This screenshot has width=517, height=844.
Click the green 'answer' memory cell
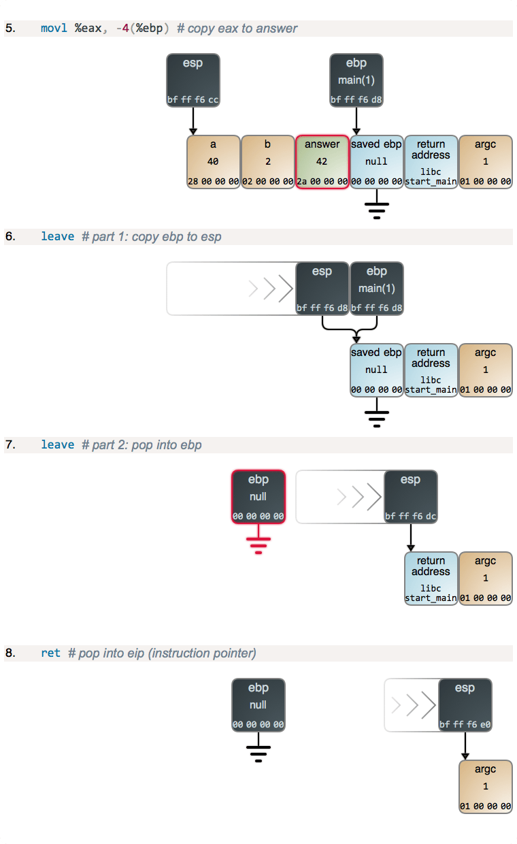[322, 162]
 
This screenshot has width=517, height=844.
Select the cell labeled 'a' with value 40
[214, 162]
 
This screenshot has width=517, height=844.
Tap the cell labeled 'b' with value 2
[268, 162]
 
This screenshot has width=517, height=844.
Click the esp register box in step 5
[193, 80]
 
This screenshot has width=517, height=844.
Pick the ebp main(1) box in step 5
[356, 80]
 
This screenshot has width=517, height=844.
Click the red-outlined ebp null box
[258, 496]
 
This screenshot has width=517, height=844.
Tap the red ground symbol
[258, 544]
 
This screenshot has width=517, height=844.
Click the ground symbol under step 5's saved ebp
[376, 208]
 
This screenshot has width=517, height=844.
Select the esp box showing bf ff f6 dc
[411, 497]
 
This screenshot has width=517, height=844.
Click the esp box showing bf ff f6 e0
[465, 705]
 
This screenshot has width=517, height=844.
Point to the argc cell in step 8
[486, 787]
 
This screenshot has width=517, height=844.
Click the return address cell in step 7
[431, 579]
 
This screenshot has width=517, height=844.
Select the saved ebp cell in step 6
[376, 370]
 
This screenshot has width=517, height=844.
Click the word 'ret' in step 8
[50, 653]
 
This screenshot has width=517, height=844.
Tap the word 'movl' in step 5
[54, 29]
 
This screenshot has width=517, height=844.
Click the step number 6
[10, 237]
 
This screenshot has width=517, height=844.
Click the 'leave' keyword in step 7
[57, 445]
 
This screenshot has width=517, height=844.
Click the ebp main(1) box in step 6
[377, 289]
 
